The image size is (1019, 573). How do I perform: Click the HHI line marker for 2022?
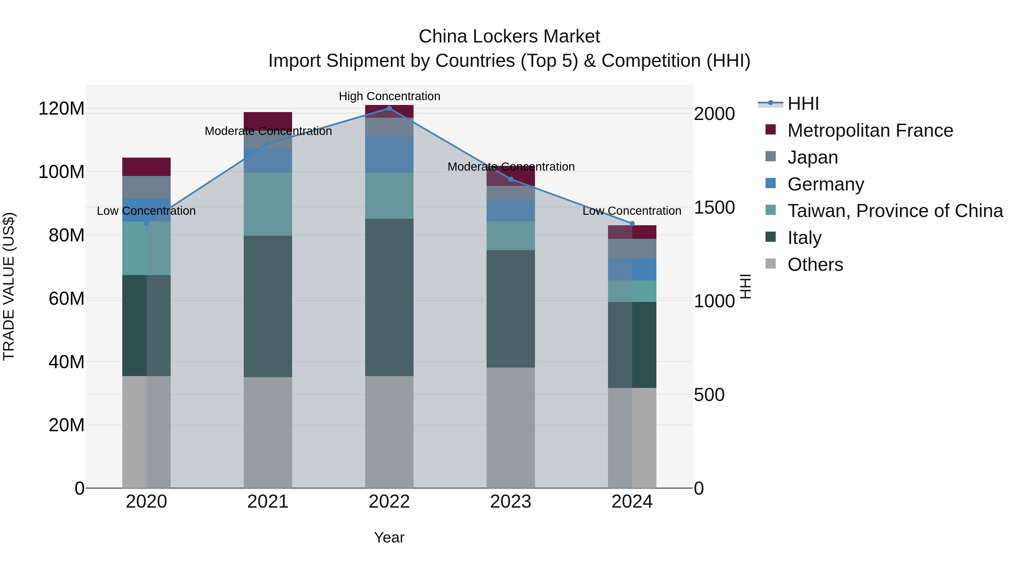(x=389, y=108)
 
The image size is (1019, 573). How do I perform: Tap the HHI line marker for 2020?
(x=146, y=223)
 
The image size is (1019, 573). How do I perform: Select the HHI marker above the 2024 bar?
(x=632, y=224)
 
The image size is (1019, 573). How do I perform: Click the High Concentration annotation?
(x=389, y=96)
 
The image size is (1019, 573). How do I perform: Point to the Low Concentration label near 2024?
(x=632, y=211)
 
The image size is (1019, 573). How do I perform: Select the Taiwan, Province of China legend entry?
(x=895, y=211)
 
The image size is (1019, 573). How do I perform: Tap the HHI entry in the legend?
(x=803, y=104)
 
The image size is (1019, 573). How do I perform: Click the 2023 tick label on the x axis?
(x=510, y=502)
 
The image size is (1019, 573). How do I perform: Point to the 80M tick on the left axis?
(x=67, y=235)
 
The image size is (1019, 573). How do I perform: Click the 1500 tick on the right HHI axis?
(x=714, y=208)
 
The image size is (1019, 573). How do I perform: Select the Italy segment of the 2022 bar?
(x=389, y=297)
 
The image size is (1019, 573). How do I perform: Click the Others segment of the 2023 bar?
(x=510, y=427)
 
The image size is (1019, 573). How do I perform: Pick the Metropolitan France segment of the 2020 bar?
(x=146, y=166)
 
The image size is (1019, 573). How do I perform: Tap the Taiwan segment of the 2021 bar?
(x=268, y=204)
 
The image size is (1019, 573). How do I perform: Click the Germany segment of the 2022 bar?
(x=389, y=154)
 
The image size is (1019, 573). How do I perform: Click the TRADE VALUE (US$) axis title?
(x=9, y=286)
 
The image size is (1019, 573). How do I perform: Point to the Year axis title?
(x=389, y=537)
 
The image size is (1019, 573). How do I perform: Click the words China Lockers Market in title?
(x=509, y=37)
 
